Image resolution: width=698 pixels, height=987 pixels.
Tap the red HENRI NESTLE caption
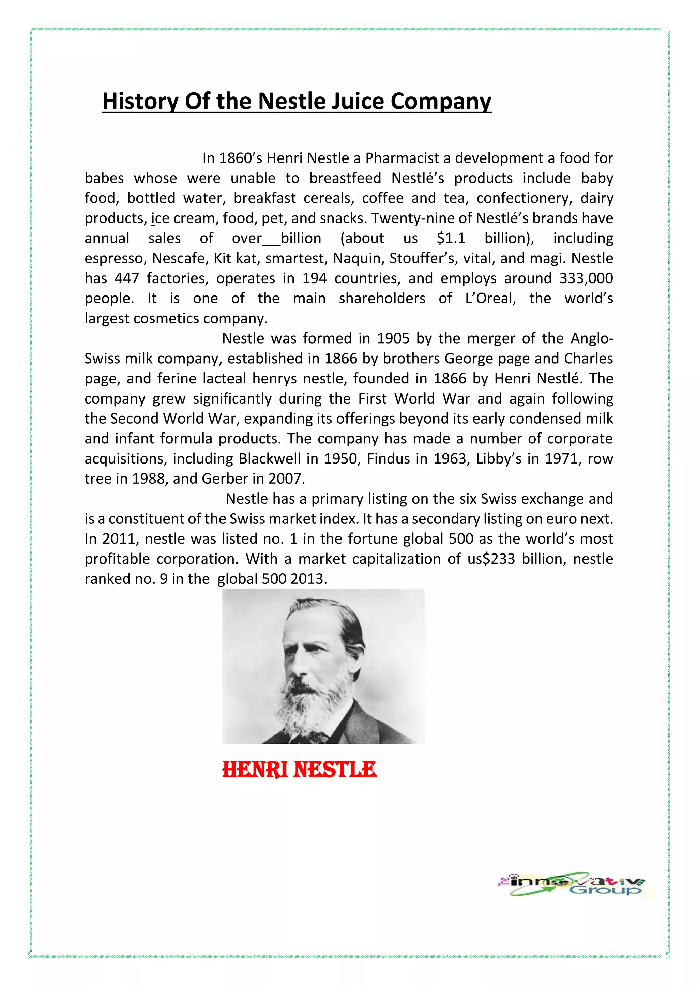(299, 770)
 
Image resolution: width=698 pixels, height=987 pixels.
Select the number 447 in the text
(127, 278)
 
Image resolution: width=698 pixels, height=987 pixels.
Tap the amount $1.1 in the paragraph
(451, 238)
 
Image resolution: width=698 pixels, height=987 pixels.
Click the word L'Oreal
(490, 298)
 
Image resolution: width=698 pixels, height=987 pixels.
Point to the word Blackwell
(270, 459)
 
